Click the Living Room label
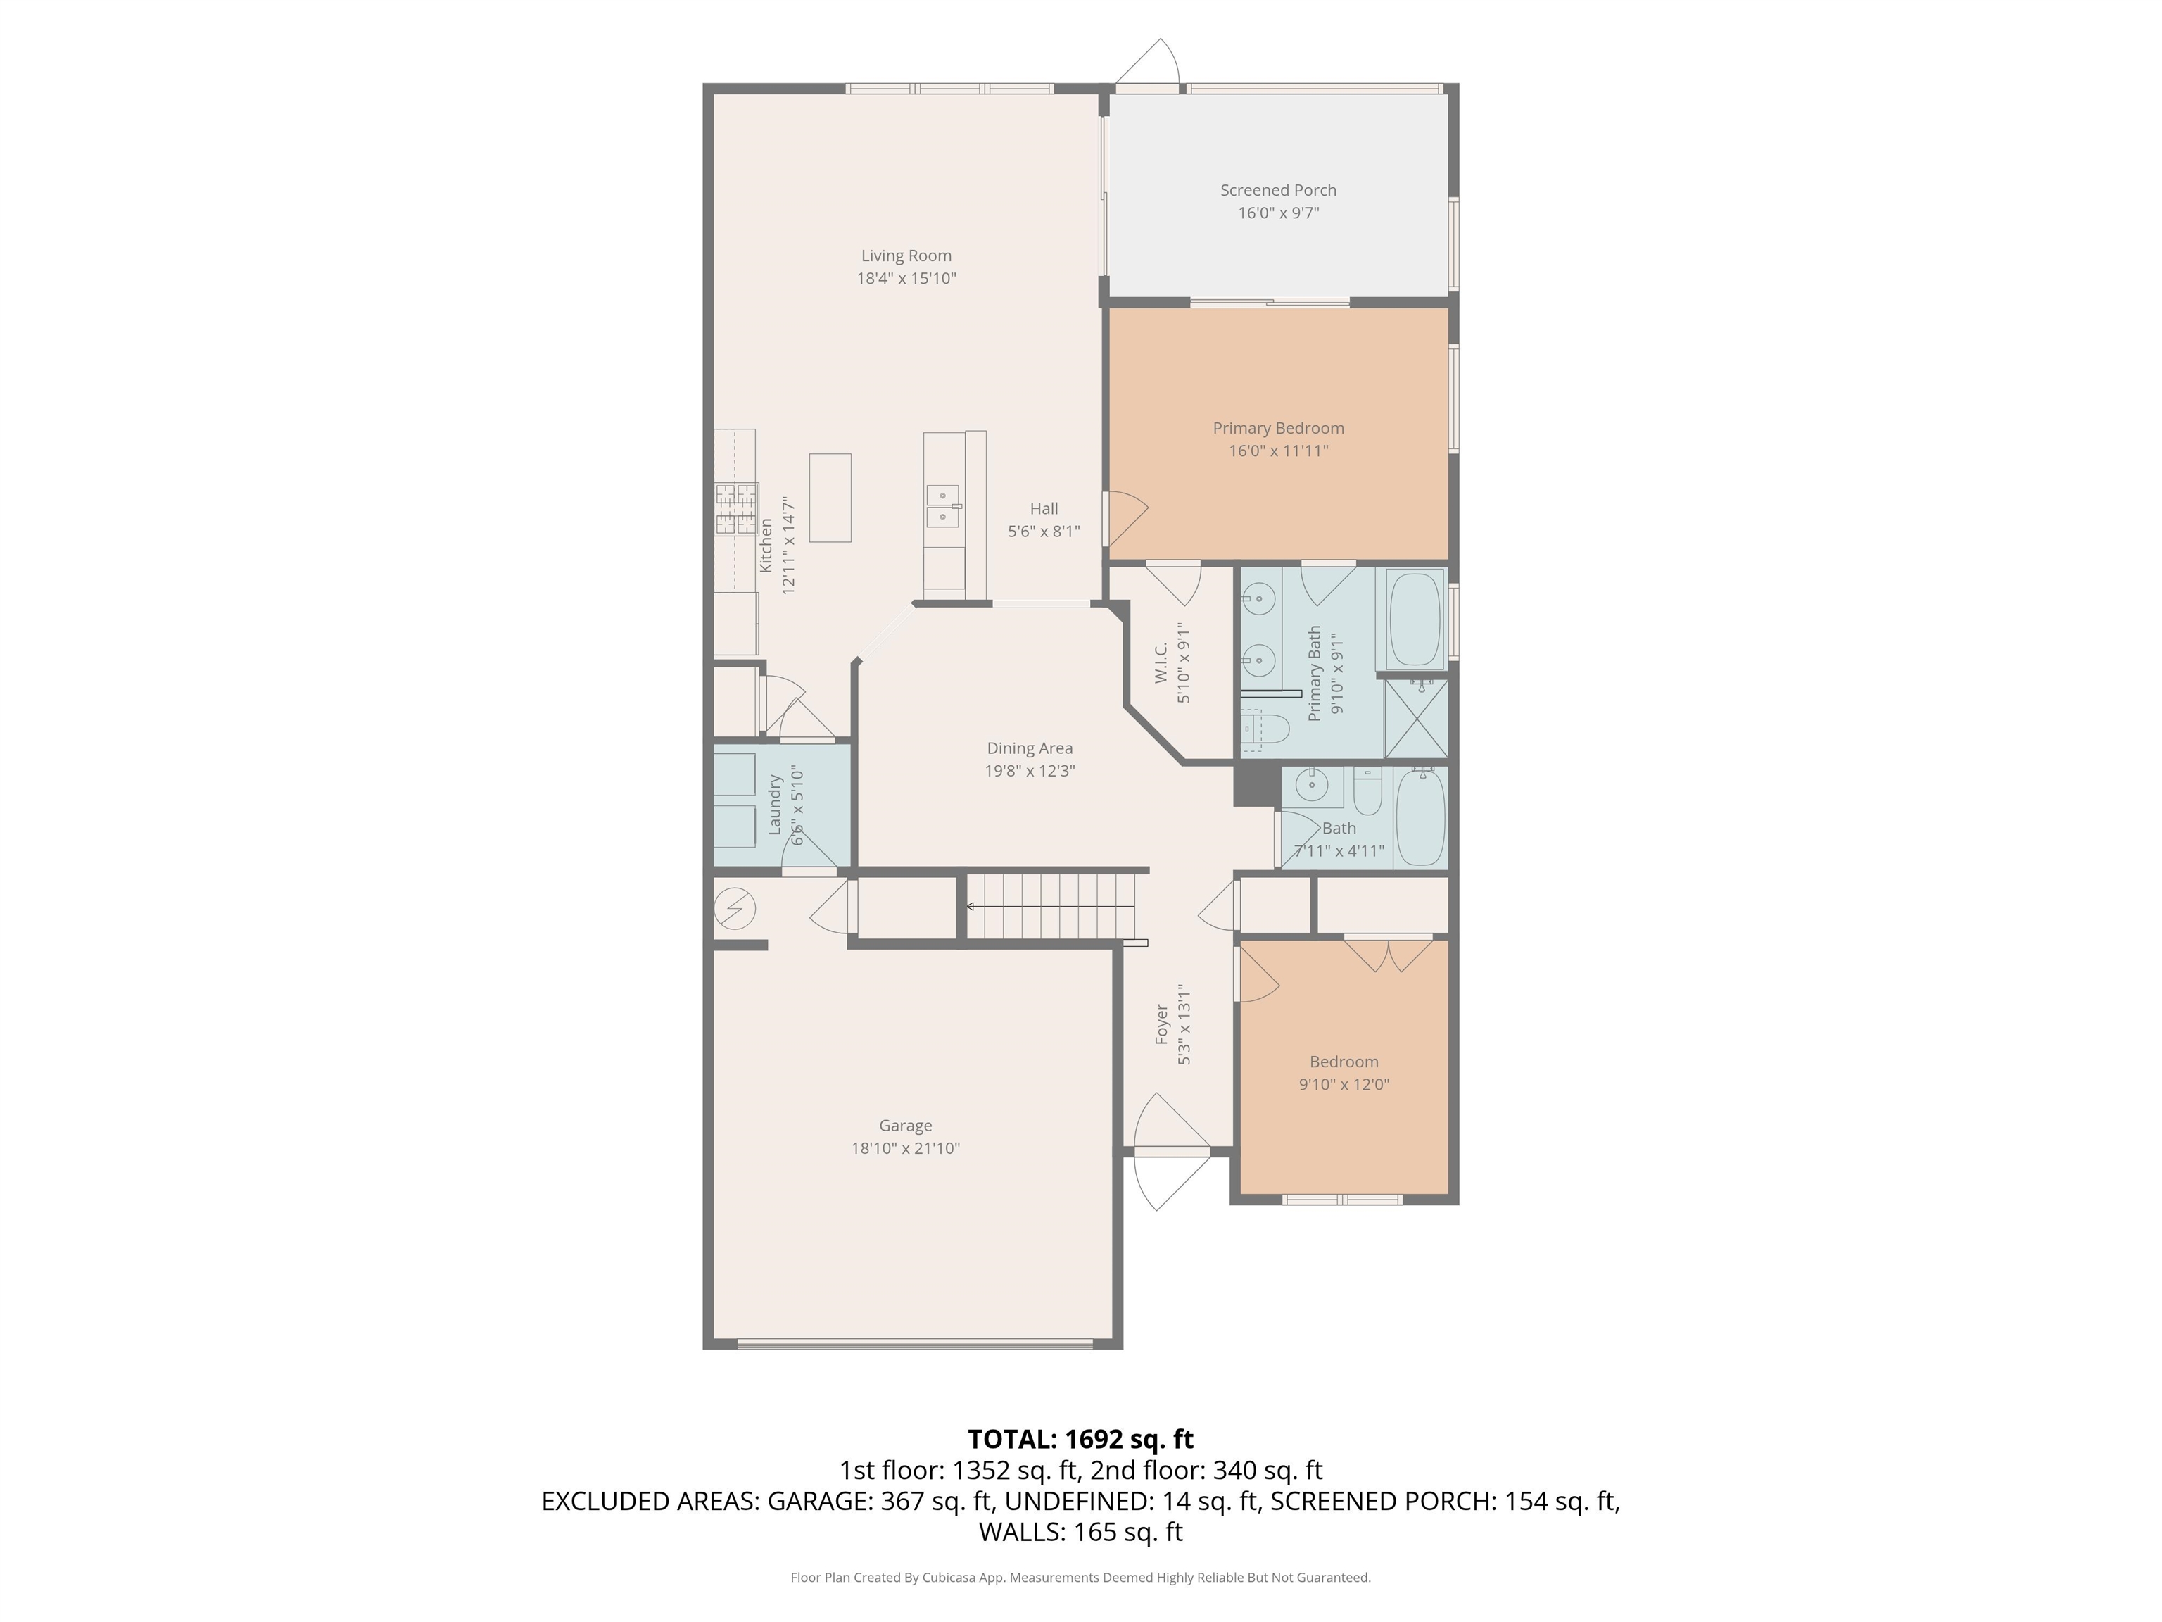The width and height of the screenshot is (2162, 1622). point(906,256)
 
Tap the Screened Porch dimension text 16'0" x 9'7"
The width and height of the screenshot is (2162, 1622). point(1279,213)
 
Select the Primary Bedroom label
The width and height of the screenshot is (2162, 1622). point(1279,428)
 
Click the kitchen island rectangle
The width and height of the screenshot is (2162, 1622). point(830,497)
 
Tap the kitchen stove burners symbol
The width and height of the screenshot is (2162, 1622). point(737,508)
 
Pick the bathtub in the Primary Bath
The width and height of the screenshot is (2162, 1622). point(1415,620)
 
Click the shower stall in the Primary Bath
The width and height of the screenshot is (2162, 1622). point(1416,719)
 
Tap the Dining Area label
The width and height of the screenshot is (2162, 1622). point(1029,748)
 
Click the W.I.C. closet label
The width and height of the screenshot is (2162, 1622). point(1161,663)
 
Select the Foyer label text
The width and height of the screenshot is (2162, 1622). point(1162,1024)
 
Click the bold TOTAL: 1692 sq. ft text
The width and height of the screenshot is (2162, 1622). point(1080,1439)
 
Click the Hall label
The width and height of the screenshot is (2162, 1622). point(1044,508)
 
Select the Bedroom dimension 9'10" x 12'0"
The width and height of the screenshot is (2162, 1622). point(1344,1084)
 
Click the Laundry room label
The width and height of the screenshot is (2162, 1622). point(775,805)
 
